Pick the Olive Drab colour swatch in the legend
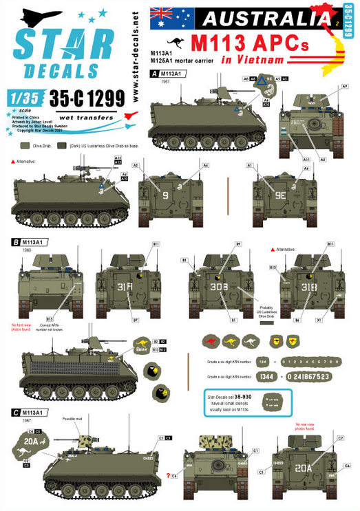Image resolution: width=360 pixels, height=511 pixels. (x=23, y=146)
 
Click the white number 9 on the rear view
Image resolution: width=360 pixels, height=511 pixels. (x=165, y=195)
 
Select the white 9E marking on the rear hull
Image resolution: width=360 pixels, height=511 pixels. (x=277, y=195)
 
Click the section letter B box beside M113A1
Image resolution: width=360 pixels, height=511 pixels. (x=15, y=243)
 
